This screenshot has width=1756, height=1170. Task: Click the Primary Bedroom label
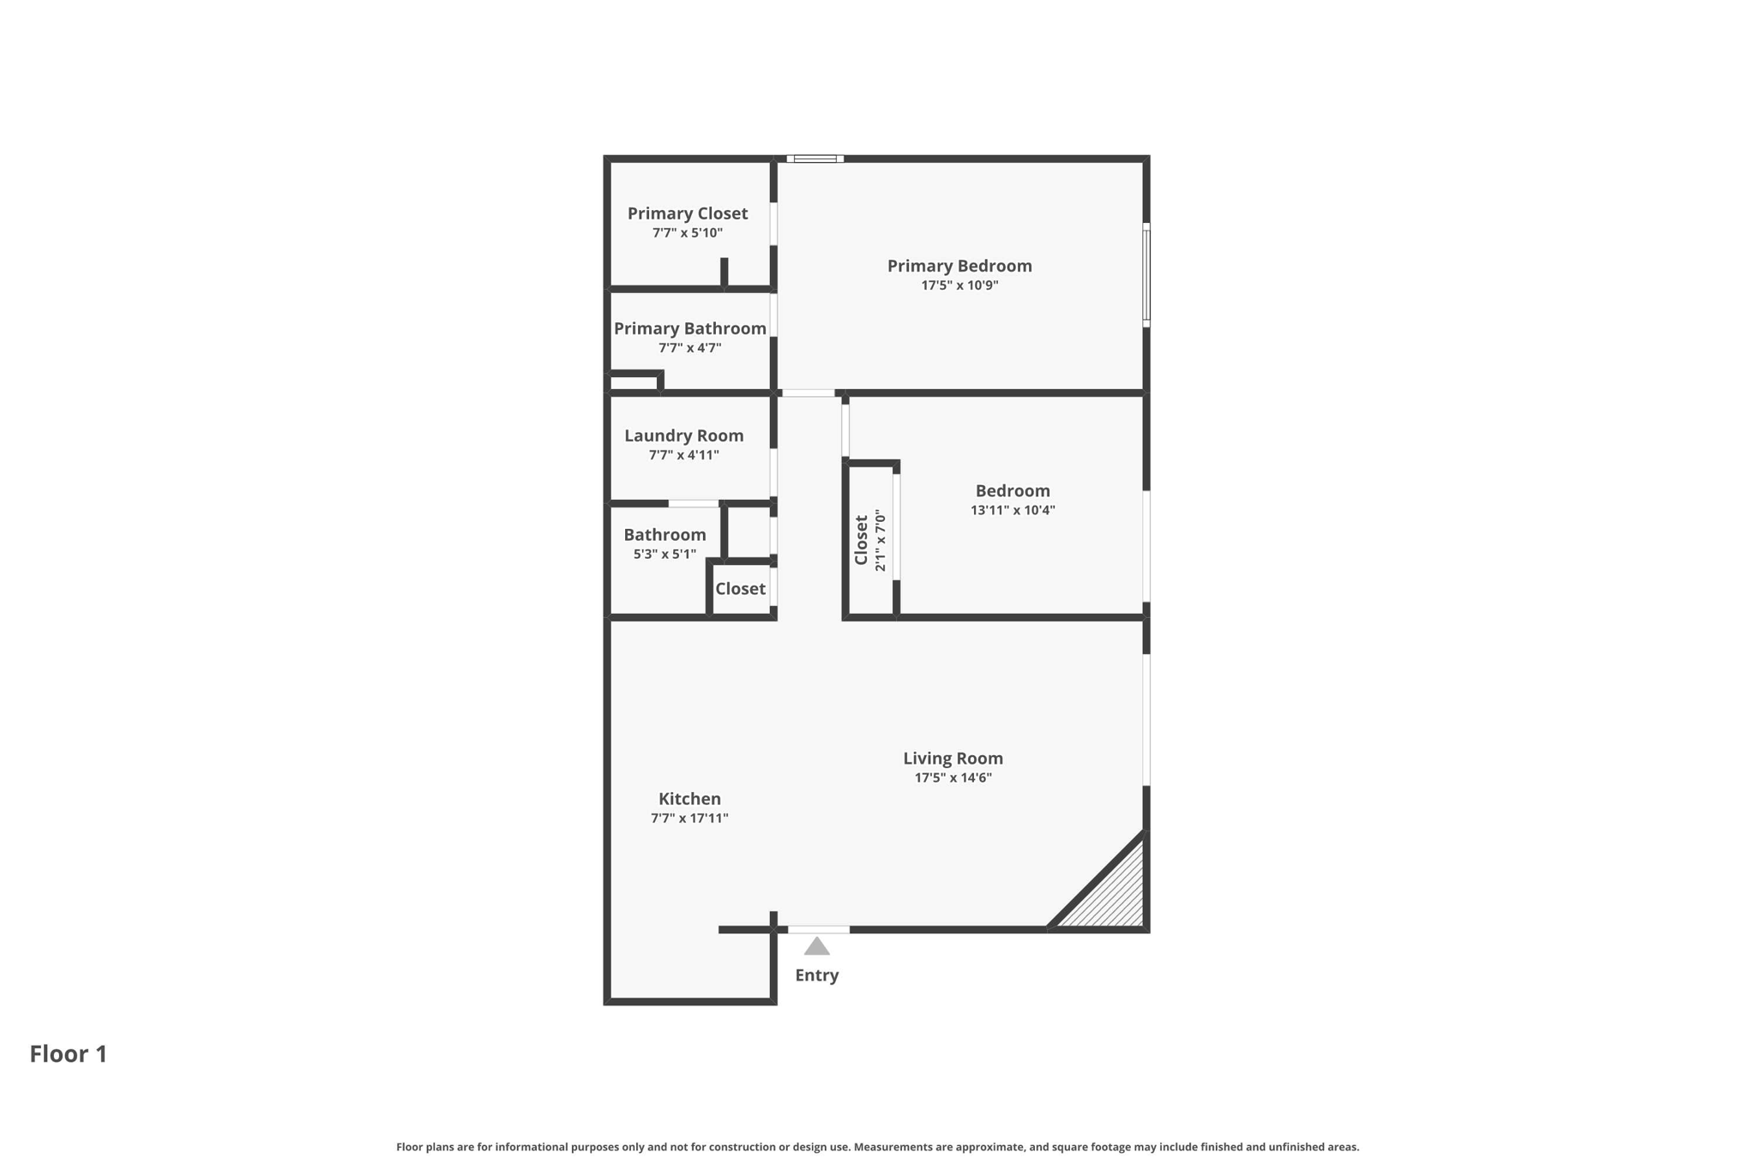pos(959,266)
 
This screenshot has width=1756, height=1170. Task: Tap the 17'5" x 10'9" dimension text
pos(959,285)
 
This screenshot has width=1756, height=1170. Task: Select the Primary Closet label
pos(688,213)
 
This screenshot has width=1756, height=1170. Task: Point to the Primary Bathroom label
pos(690,328)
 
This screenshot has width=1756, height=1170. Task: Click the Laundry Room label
pos(684,435)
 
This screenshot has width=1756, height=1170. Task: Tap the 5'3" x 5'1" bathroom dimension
pos(665,555)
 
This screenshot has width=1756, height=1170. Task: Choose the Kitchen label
pos(689,799)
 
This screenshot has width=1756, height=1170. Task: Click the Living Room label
pos(953,759)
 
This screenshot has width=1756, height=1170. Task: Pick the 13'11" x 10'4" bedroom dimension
pos(1013,510)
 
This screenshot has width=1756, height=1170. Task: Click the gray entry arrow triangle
pos(816,947)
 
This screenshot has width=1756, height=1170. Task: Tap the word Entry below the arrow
pos(816,975)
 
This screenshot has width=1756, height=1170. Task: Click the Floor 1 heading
pos(69,1054)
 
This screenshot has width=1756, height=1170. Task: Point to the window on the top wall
pos(815,159)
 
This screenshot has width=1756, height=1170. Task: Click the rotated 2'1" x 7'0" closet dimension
pos(880,541)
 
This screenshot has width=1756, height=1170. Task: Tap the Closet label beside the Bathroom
pos(740,589)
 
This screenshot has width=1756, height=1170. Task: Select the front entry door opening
pos(819,930)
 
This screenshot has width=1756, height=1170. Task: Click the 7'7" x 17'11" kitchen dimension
pos(689,819)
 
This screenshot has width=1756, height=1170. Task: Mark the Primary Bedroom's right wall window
pos(1146,275)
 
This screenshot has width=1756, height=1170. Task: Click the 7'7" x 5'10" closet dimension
pos(688,233)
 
